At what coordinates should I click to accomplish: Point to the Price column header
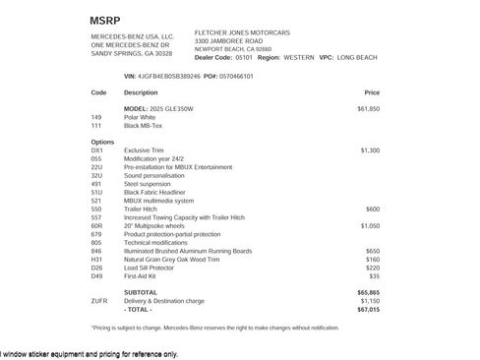371,91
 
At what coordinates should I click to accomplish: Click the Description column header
141,91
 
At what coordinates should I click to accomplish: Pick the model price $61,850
368,108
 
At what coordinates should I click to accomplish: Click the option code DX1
96,150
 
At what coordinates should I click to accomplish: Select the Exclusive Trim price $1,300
370,150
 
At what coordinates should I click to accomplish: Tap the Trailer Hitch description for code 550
143,209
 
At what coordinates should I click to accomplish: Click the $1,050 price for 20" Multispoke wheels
370,225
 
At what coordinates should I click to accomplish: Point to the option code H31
96,259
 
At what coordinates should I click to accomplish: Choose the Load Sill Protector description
153,268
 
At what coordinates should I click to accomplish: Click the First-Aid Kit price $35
374,275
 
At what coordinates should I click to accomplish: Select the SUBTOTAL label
141,292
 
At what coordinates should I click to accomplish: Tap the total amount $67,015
368,309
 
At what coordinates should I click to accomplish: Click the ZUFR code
98,301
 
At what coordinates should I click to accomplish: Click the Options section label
102,142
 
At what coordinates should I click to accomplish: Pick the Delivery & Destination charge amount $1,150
370,301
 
